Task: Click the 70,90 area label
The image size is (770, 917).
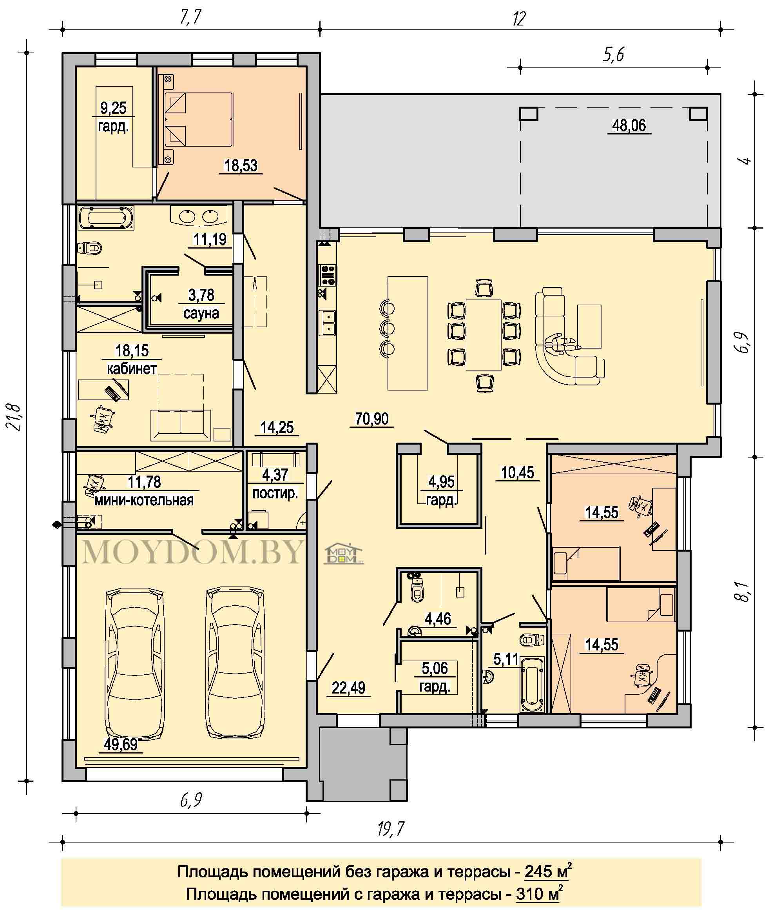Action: pyautogui.click(x=371, y=419)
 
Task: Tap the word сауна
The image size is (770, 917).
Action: pyautogui.click(x=201, y=313)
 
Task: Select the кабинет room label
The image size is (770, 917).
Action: pyautogui.click(x=131, y=369)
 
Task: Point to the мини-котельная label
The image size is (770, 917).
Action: pyautogui.click(x=144, y=500)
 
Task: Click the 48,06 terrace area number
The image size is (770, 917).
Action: pyautogui.click(x=629, y=126)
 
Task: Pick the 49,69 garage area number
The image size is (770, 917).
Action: pyautogui.click(x=121, y=744)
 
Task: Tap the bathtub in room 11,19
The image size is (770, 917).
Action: pyautogui.click(x=106, y=218)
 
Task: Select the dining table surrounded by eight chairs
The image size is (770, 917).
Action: pyautogui.click(x=484, y=334)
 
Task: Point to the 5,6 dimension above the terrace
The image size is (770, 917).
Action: pyautogui.click(x=613, y=54)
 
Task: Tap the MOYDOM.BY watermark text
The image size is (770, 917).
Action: pyautogui.click(x=192, y=552)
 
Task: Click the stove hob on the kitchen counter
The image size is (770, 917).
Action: pyautogui.click(x=328, y=275)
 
